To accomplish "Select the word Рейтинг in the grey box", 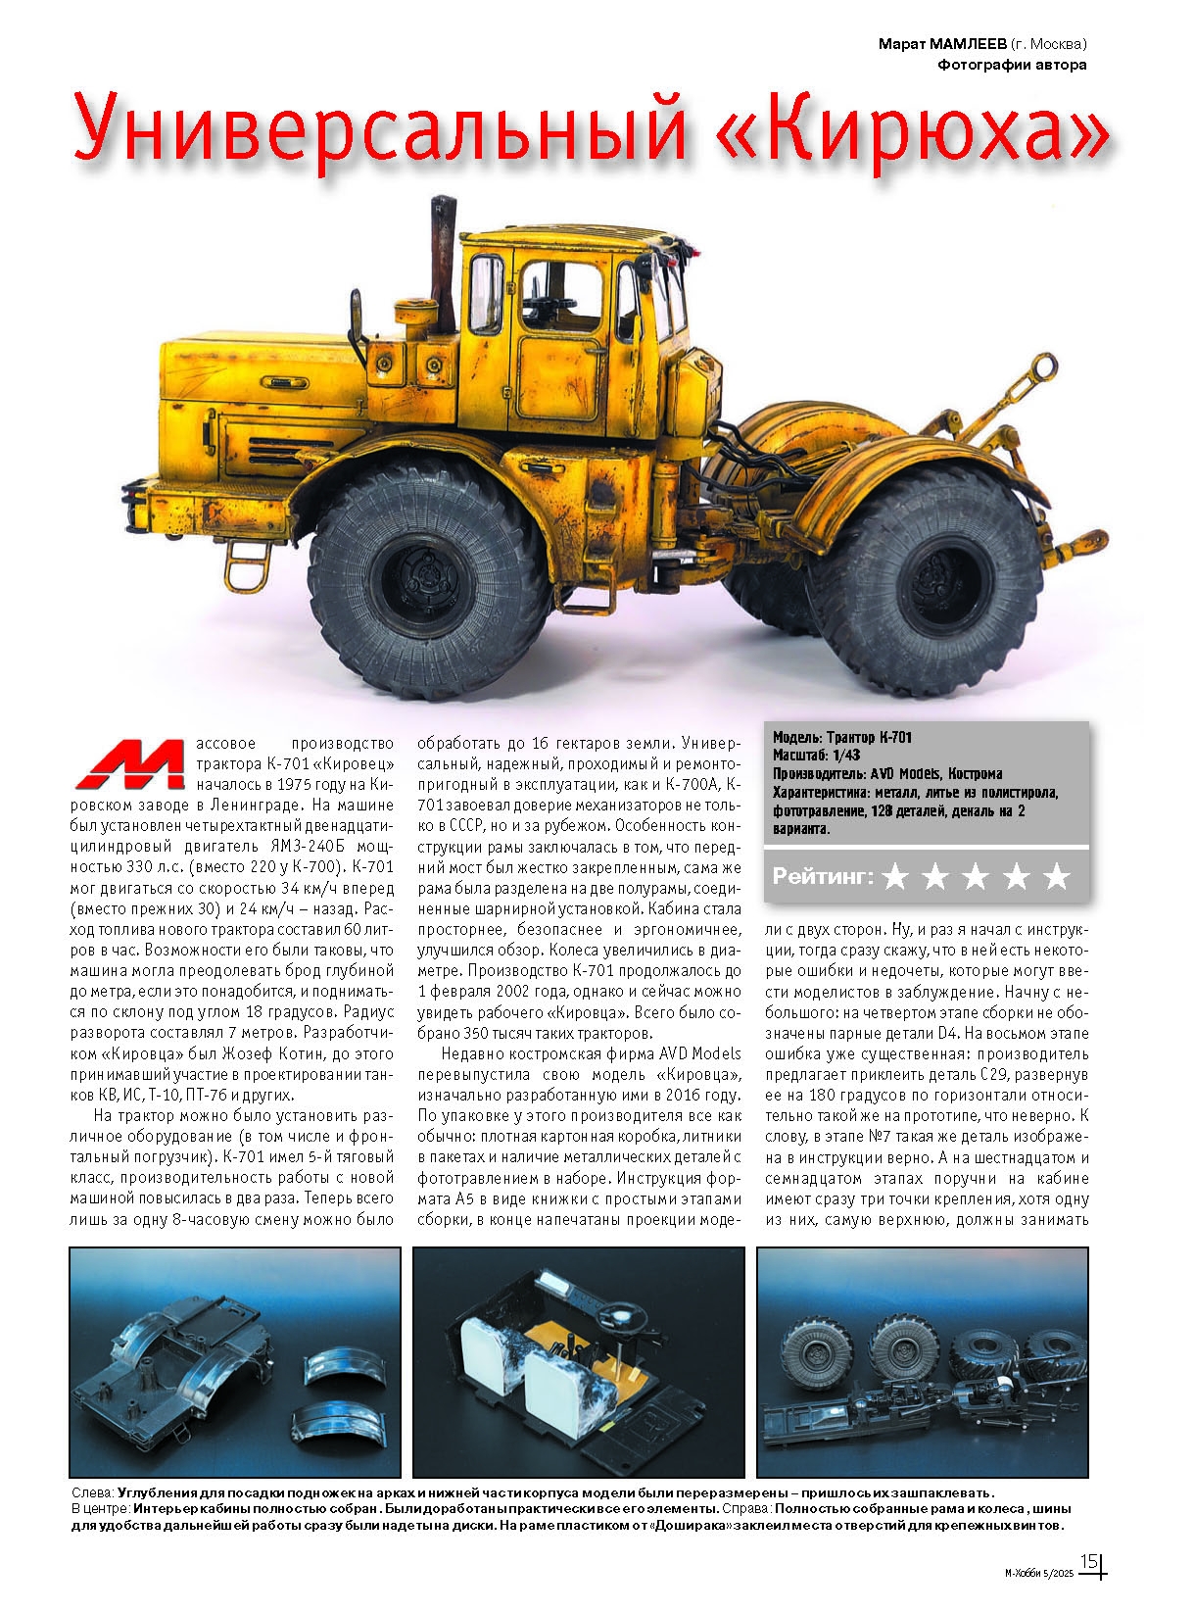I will (822, 876).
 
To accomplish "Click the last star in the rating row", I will (1056, 877).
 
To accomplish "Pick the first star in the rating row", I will (894, 877).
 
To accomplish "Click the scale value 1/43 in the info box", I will (844, 756).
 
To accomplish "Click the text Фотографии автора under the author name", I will (1012, 66).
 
